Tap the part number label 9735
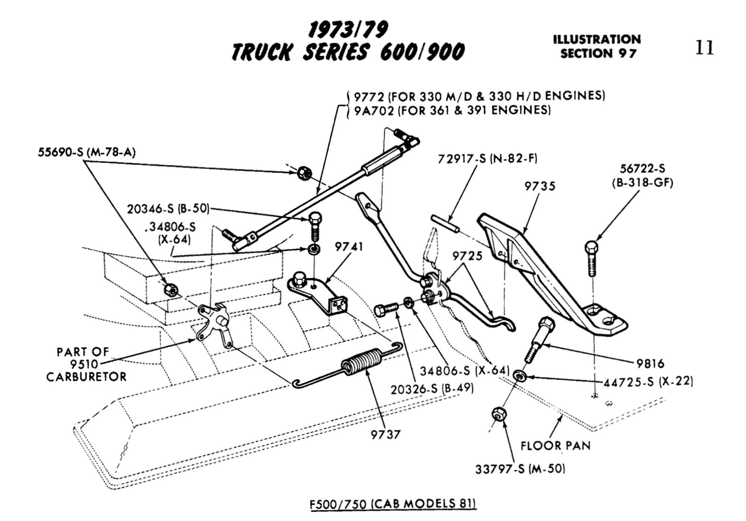pos(539,186)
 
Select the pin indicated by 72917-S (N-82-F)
pos(445,223)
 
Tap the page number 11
pos(704,48)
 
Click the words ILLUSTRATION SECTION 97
pos(597,47)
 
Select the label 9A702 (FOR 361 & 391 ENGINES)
pos(452,110)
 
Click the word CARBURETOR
pos(87,377)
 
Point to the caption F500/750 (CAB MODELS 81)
pos(393,504)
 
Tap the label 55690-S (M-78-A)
pos(87,152)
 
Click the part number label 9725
pos(467,256)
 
